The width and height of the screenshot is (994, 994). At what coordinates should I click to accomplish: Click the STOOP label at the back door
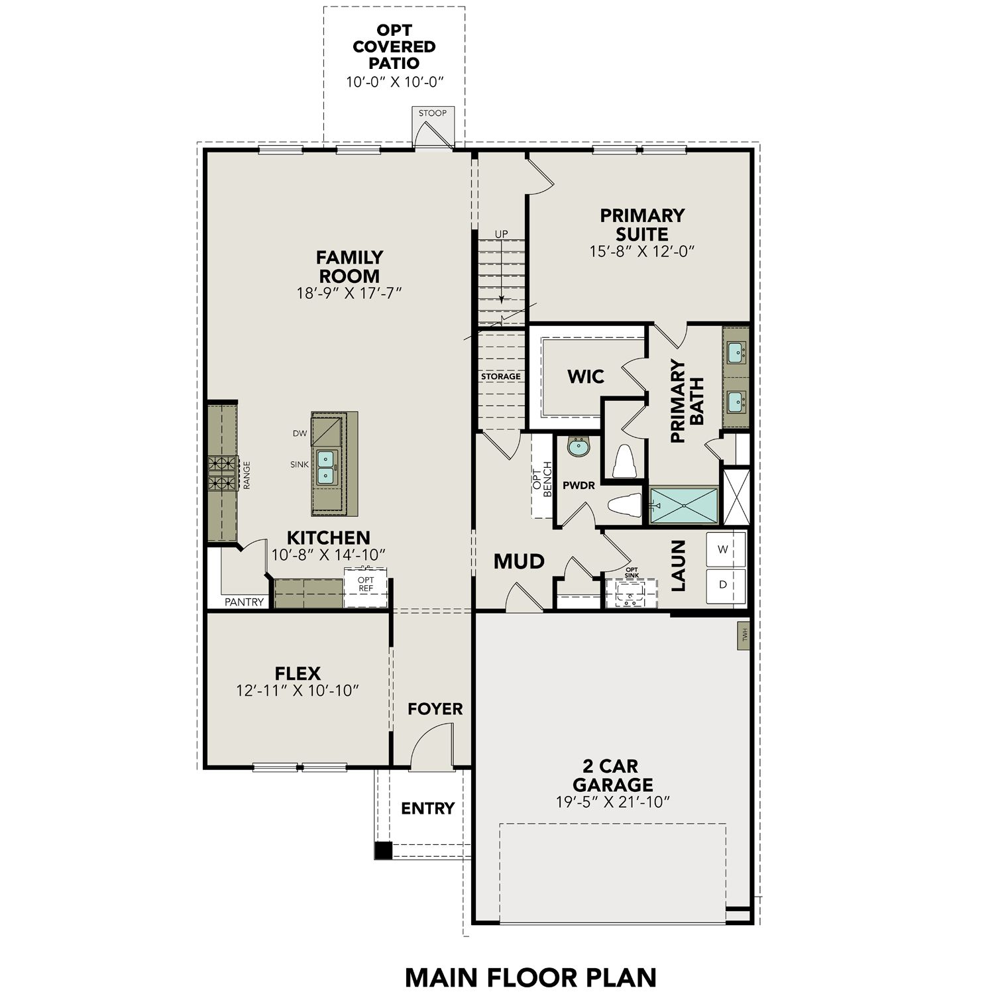tap(432, 113)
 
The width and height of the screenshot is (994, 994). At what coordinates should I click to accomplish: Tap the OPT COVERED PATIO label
tap(394, 47)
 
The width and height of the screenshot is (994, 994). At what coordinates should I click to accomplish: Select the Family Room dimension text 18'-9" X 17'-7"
tap(349, 293)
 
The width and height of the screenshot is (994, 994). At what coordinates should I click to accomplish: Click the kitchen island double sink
tap(325, 467)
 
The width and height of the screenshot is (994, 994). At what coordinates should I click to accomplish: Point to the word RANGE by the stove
tap(247, 475)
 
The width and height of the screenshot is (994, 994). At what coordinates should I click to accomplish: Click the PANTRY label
tap(245, 602)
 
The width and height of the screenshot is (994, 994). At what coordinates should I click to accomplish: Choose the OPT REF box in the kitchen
tap(365, 587)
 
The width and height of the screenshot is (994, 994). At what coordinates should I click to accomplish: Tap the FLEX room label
tap(298, 673)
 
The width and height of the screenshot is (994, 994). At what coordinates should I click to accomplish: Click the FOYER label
tap(435, 709)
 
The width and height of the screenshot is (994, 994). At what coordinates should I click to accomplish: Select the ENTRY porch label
tap(427, 808)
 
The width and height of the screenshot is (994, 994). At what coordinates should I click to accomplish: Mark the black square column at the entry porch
tap(383, 851)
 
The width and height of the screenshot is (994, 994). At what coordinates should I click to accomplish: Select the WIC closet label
tap(586, 377)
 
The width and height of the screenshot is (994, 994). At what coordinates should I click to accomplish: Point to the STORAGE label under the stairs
tap(500, 376)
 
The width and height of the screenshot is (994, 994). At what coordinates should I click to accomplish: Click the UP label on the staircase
tap(502, 234)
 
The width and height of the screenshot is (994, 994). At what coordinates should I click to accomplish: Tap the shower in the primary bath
tap(684, 506)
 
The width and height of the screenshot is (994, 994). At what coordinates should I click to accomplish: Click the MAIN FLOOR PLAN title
tap(530, 977)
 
